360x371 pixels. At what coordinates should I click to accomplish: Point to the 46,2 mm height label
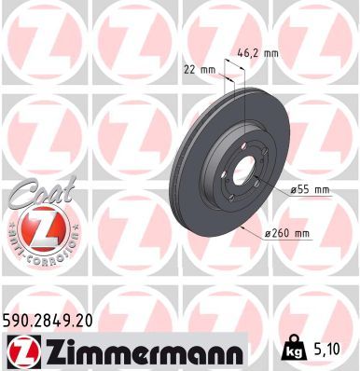point(256,53)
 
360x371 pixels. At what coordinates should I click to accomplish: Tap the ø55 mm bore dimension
point(311,189)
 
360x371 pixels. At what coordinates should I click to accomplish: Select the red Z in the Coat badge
point(35,227)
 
